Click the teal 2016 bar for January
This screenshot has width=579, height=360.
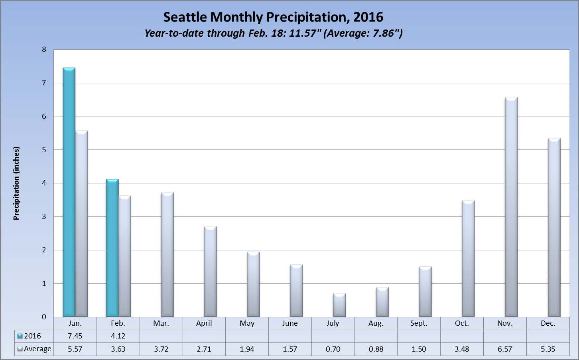click(69, 193)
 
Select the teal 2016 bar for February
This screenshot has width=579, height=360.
click(112, 248)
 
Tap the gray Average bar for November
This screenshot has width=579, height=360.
click(511, 207)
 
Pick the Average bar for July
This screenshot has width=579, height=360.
click(339, 305)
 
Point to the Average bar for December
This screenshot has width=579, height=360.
click(554, 228)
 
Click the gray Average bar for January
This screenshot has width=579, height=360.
click(81, 224)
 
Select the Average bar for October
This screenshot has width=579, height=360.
click(468, 259)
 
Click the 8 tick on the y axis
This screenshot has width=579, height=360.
click(44, 49)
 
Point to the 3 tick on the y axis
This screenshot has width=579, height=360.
click(44, 216)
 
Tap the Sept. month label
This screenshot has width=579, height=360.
click(419, 323)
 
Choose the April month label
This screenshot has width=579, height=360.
click(204, 323)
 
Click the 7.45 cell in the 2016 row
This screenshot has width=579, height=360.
click(75, 336)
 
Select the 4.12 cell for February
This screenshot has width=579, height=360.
click(118, 336)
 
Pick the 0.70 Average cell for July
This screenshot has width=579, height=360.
click(333, 349)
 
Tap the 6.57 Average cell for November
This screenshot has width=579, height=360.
click(505, 349)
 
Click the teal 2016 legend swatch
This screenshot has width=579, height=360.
click(20, 336)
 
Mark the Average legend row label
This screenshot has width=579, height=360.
click(37, 349)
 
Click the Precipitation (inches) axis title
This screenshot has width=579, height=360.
click(16, 183)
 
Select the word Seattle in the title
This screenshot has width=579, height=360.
click(185, 17)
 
